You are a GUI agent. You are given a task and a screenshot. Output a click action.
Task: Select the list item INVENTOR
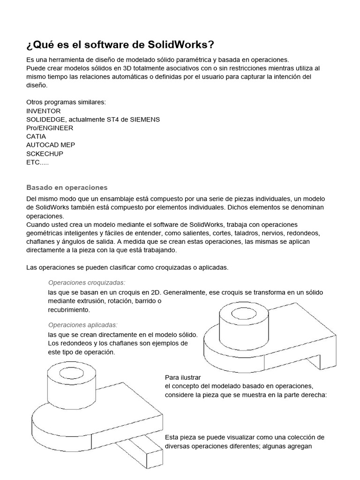pyautogui.click(x=44, y=111)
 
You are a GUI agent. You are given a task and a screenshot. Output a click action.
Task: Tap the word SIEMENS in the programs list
pyautogui.click(x=143, y=120)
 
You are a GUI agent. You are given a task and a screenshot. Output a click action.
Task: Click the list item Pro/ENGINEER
pyautogui.click(x=50, y=128)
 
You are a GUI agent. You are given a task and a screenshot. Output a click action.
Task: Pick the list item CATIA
pyautogui.click(x=36, y=136)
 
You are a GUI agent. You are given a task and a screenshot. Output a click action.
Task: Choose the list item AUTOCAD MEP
pyautogui.click(x=51, y=145)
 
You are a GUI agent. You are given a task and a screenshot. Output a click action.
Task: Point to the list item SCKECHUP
pyautogui.click(x=45, y=153)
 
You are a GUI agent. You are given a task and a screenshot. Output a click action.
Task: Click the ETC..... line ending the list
pyautogui.click(x=37, y=162)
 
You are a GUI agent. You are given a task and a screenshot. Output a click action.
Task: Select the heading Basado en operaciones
pyautogui.click(x=67, y=187)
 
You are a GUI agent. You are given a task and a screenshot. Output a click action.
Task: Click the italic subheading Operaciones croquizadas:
pyautogui.click(x=87, y=283)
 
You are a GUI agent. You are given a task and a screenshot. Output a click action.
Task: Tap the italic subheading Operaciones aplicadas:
pyautogui.click(x=83, y=325)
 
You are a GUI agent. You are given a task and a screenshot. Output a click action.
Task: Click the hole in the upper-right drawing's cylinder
pyautogui.click(x=243, y=312)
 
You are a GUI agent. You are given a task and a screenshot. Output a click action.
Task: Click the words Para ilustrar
pyautogui.click(x=183, y=377)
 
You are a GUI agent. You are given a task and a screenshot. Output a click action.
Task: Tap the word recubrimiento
pyautogui.click(x=68, y=310)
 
